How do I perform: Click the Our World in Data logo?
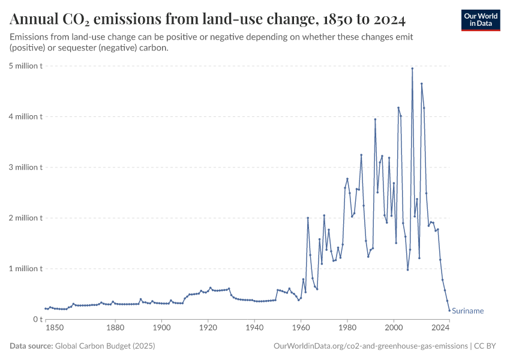(480, 20)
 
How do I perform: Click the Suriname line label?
(467, 311)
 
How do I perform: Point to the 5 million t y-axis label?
(25, 65)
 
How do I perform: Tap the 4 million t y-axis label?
(25, 116)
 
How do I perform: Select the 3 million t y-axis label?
(25, 167)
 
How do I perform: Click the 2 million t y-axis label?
(25, 218)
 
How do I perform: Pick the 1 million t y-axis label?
(25, 269)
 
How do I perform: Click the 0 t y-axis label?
(37, 319)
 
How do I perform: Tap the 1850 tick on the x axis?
(54, 328)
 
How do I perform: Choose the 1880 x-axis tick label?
(115, 328)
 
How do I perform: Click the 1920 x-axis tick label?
(208, 328)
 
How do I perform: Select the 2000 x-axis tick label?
(394, 328)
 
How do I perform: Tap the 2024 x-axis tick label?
(441, 328)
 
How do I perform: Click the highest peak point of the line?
(412, 68)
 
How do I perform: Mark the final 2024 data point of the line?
(449, 310)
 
